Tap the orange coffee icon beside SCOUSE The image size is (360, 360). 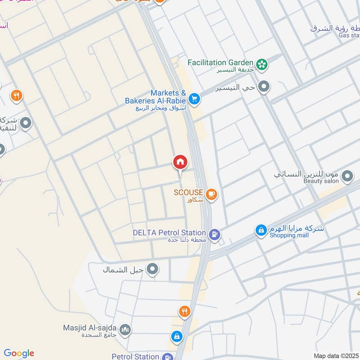point(211,194)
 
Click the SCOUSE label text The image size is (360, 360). point(189,193)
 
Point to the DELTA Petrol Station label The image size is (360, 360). point(169,233)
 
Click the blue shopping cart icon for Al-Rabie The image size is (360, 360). point(194,99)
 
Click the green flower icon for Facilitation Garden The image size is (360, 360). point(261,64)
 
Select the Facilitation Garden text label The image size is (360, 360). point(220,63)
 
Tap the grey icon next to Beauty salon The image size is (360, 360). point(346,176)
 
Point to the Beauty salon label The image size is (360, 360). point(321,181)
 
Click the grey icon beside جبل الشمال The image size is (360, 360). point(153,270)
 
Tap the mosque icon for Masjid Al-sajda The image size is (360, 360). point(126,330)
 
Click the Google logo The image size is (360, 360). point(19,353)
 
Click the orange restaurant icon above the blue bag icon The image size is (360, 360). point(184,311)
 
